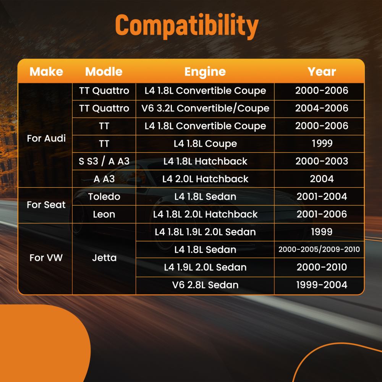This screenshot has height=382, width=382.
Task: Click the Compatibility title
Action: [x=187, y=26]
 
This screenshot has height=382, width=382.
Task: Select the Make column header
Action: [x=46, y=72]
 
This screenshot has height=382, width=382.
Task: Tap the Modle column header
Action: [x=104, y=72]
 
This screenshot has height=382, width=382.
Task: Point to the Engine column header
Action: [x=205, y=72]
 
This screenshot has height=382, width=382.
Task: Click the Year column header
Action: [x=322, y=72]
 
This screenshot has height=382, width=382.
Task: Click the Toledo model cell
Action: [x=104, y=197]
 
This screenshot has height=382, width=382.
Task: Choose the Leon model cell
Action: [x=104, y=214]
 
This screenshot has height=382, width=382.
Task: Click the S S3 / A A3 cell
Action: [x=104, y=161]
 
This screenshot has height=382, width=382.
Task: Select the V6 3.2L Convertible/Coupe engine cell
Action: [x=206, y=108]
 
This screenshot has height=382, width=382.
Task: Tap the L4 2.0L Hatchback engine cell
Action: [x=206, y=179]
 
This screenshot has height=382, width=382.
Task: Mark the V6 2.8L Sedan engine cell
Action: [x=206, y=285]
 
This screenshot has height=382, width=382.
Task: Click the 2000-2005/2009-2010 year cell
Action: [x=319, y=249]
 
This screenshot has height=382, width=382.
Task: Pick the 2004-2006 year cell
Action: [x=322, y=108]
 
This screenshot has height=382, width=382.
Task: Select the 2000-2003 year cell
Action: [x=322, y=161]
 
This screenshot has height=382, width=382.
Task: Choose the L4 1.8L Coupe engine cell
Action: [x=206, y=144]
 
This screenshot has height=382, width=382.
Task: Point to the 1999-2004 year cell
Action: [x=322, y=285]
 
